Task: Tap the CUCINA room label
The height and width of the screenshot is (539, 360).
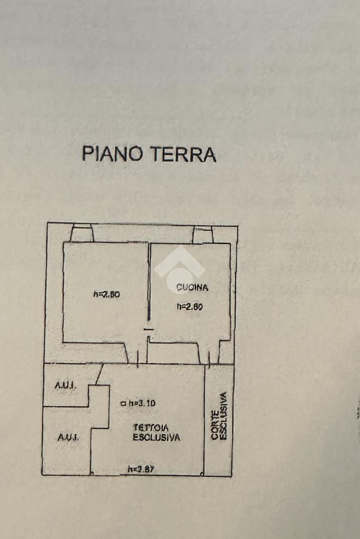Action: click(x=192, y=288)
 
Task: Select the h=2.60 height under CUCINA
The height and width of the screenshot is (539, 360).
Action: click(x=190, y=306)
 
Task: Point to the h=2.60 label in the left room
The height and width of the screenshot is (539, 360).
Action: click(x=106, y=295)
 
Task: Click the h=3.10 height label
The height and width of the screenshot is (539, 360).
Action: click(x=142, y=403)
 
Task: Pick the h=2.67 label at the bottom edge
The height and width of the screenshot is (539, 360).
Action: click(x=141, y=469)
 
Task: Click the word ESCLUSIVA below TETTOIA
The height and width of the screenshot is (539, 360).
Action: click(x=157, y=437)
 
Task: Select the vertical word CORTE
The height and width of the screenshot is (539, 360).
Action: click(x=215, y=425)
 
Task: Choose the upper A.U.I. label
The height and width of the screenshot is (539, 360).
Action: click(x=65, y=386)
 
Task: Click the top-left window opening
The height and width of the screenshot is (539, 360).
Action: click(x=82, y=233)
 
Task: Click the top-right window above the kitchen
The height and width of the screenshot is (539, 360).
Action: click(x=202, y=234)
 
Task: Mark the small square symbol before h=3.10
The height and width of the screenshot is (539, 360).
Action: click(x=123, y=404)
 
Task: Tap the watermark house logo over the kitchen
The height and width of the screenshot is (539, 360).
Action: click(x=179, y=269)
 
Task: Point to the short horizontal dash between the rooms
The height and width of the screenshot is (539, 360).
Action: click(x=149, y=330)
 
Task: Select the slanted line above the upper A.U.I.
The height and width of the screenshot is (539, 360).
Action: click(x=99, y=374)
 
